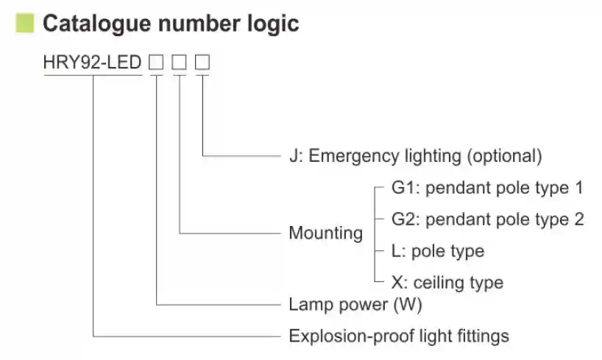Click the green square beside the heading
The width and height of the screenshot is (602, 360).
25,24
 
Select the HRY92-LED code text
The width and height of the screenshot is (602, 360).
93,63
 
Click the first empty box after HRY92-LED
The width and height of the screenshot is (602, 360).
156,63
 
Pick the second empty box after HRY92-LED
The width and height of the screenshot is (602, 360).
179,63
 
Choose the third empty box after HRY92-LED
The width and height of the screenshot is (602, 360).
202,63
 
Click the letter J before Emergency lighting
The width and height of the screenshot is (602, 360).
294,156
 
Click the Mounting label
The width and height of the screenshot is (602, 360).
325,233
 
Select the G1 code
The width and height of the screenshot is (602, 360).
403,188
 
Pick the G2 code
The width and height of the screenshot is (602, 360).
403,219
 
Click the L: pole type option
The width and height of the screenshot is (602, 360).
437,251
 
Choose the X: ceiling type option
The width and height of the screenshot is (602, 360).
447,283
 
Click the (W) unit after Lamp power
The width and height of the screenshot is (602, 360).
407,304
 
